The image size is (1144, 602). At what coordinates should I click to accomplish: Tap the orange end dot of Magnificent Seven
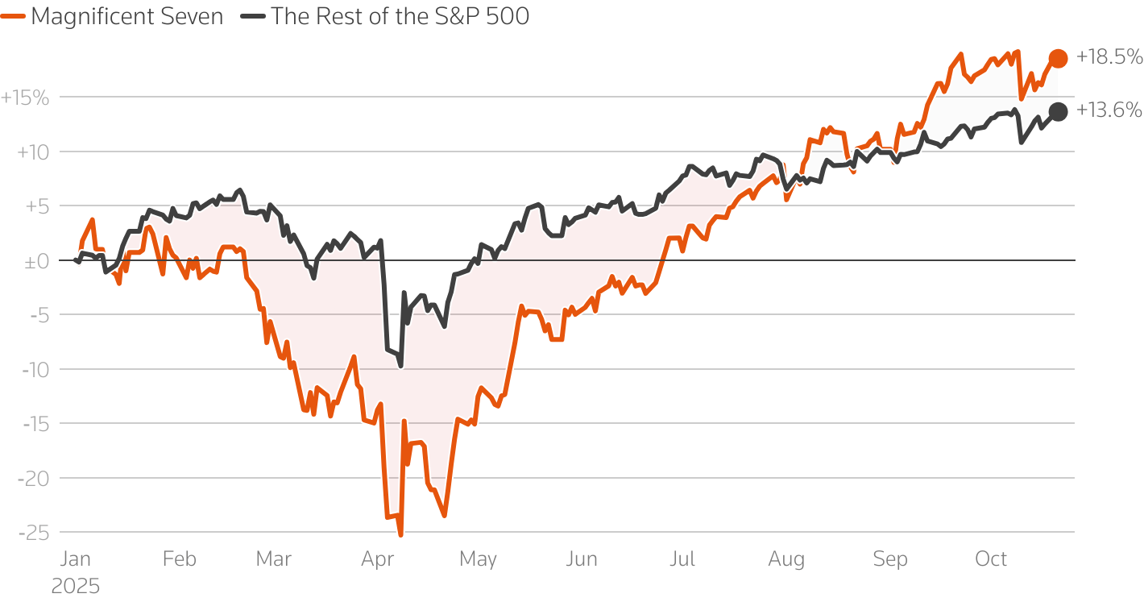click(x=1058, y=58)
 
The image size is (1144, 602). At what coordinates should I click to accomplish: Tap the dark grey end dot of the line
click(x=1058, y=112)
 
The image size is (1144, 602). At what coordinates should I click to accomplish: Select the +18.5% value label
click(x=1109, y=56)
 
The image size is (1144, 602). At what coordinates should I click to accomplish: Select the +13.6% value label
click(x=1109, y=110)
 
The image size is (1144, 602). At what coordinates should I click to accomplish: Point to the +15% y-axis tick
click(x=25, y=98)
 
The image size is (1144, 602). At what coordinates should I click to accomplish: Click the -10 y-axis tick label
click(x=35, y=370)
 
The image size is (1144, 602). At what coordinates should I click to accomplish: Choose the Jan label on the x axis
click(x=75, y=559)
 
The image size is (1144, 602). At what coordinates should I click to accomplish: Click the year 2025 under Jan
click(x=76, y=586)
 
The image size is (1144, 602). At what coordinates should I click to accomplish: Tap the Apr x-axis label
click(x=377, y=559)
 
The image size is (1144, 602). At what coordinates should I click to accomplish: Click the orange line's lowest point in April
click(x=400, y=533)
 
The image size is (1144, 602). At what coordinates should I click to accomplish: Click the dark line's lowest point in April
click(x=400, y=366)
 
